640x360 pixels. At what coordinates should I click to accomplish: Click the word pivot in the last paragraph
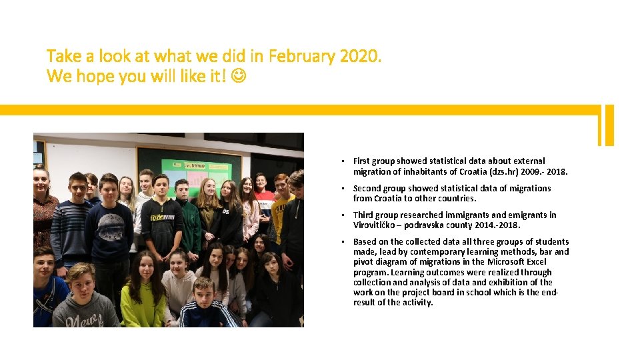coord(363,262)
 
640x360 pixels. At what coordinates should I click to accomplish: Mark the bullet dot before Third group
coord(341,215)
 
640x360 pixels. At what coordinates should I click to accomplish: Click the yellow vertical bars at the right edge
coord(606,125)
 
